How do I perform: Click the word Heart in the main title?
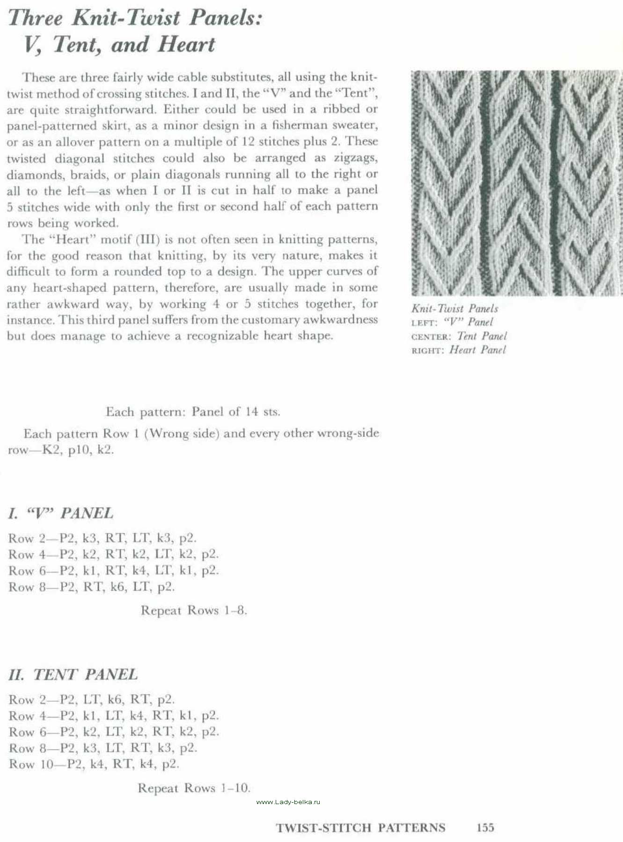pos(186,45)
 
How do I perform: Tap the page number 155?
pos(485,827)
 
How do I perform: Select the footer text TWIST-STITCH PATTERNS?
pos(360,828)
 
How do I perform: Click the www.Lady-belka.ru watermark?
pos(288,802)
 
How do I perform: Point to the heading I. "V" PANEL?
pos(60,514)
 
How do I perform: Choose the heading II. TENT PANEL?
pos(73,675)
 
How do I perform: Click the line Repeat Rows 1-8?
pos(194,610)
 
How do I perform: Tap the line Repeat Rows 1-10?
pos(194,788)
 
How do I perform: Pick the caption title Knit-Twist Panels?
pos(454,309)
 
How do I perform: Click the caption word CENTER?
pos(431,337)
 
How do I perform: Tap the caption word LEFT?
pos(424,323)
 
